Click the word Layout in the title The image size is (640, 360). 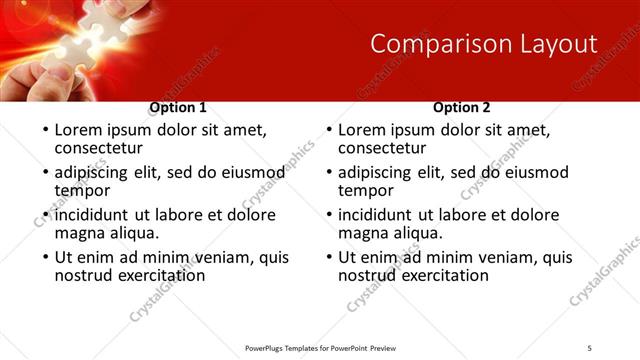tap(555, 44)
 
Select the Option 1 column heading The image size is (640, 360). tap(178, 108)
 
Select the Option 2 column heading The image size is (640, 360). tap(462, 108)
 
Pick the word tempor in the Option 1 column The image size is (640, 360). tap(82, 190)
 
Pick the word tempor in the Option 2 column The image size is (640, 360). tap(366, 190)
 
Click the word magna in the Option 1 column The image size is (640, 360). tap(80, 233)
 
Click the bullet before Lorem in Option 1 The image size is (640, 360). tap(43, 131)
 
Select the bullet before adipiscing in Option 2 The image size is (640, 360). tap(327, 173)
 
